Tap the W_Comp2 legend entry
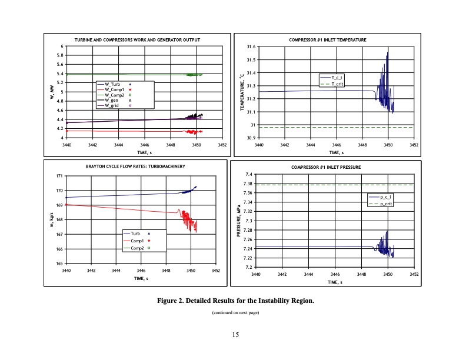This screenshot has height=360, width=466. tap(114, 95)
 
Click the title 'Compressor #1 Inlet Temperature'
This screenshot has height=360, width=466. tap(328, 40)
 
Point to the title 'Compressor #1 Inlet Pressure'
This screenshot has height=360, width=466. tap(327, 167)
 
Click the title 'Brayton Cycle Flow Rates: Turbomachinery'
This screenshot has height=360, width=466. tap(136, 166)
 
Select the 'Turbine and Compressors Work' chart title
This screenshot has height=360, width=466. tap(137, 39)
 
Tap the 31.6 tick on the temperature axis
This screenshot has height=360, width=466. tap(251, 46)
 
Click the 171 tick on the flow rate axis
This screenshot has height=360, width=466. tap(59, 176)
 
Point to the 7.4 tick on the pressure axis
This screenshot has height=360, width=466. tap(249, 174)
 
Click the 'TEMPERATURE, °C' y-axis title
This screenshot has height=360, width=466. tap(241, 92)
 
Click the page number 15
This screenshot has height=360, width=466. tap(235, 335)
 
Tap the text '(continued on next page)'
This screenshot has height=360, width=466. tap(235, 312)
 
